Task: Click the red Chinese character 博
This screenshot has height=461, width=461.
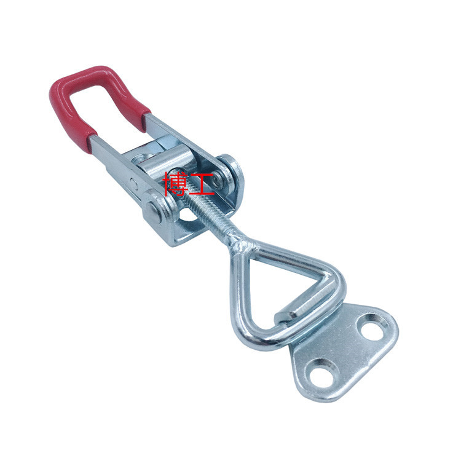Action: coord(175,184)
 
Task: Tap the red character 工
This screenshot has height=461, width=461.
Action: coord(202,184)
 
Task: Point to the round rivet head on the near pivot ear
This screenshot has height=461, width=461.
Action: coord(154,212)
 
